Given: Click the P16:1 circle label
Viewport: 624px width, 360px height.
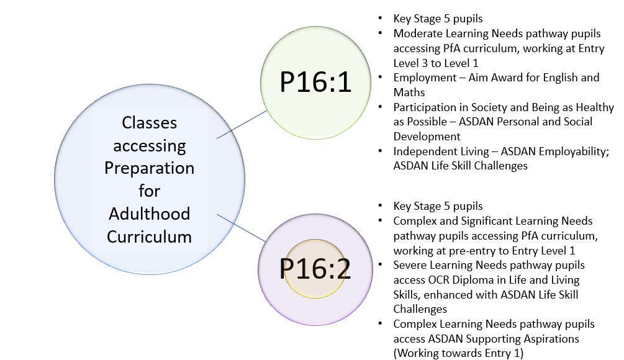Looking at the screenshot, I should pyautogui.click(x=315, y=83).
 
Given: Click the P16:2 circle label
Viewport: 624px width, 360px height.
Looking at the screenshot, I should pyautogui.click(x=315, y=268).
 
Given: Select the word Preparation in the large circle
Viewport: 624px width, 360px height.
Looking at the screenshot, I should pyautogui.click(x=149, y=168).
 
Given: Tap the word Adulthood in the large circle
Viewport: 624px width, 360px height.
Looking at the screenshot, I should pyautogui.click(x=149, y=214).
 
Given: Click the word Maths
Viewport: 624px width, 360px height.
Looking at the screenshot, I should pyautogui.click(x=409, y=92).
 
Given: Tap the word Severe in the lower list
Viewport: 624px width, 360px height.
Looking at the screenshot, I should pyautogui.click(x=410, y=265).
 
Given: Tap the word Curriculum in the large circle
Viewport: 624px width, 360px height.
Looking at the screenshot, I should pyautogui.click(x=149, y=236).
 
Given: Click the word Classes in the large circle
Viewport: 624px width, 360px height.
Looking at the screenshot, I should pyautogui.click(x=149, y=123).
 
